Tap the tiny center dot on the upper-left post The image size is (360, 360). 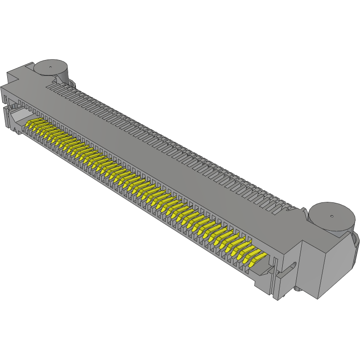click(51, 68)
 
